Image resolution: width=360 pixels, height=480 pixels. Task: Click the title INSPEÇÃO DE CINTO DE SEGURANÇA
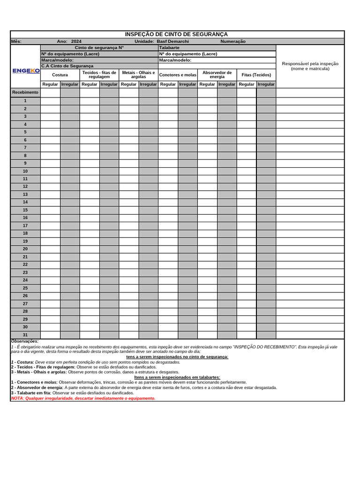176,34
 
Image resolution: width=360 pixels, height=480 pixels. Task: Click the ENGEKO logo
26,71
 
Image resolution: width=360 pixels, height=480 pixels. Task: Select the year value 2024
76,41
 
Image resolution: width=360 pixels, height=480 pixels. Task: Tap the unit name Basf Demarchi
172,41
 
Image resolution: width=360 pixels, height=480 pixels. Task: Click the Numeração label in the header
232,41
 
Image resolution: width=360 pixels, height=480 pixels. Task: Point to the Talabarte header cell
169,47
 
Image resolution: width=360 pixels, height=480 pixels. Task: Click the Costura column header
60,75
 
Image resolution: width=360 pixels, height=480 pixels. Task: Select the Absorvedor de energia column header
217,75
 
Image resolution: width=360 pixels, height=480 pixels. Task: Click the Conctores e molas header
178,75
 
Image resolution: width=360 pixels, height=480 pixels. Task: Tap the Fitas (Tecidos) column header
256,75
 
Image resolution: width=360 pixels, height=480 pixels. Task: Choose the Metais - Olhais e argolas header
138,75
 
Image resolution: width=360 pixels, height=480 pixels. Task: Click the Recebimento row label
25,92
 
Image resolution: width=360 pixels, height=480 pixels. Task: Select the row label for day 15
25,210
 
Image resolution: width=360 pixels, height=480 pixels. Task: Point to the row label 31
25,335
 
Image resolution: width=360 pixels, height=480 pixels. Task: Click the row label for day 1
25,101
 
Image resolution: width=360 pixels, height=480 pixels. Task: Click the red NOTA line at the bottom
83,398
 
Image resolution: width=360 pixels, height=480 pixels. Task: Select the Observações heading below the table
25,341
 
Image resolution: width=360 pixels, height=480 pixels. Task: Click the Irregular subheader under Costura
70,84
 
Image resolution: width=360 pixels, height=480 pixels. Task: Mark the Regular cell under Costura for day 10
50,171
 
